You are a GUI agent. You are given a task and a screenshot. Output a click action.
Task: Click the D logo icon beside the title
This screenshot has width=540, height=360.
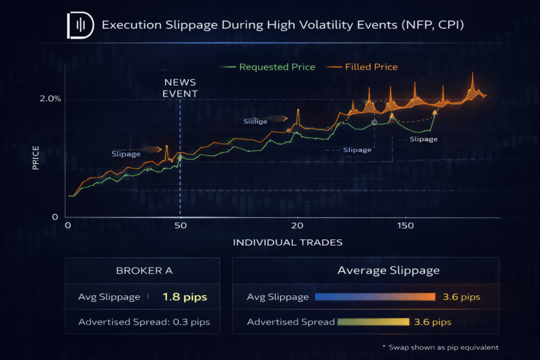pos(80,25)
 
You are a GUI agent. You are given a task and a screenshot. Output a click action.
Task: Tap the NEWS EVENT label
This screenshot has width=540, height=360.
pos(180,88)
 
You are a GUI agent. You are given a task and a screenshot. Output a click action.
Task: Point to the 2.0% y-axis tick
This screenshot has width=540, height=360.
pos(51,99)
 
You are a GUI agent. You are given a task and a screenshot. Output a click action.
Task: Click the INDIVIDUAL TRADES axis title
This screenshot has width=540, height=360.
pos(287,242)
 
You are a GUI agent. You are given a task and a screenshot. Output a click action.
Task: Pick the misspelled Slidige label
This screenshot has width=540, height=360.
pos(255,121)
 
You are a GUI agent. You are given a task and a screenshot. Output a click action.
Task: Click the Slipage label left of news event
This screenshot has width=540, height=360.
pos(126,154)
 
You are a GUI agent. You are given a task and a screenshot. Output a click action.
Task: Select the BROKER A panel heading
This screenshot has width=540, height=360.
pos(142,271)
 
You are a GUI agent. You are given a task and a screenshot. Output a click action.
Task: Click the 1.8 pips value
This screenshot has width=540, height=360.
pos(185,297)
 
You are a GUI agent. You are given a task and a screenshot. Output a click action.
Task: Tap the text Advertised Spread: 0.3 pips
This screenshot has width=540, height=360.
pos(142,322)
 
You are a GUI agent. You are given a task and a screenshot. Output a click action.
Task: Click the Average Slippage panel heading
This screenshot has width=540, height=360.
pos(388,271)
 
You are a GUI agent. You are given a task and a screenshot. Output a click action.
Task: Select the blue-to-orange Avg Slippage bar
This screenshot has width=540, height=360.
pos(374,297)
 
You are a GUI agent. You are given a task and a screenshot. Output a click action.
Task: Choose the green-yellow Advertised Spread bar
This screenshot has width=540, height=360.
pos(373,322)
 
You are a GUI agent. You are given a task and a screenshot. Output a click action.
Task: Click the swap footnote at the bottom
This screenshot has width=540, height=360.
pos(440,347)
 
